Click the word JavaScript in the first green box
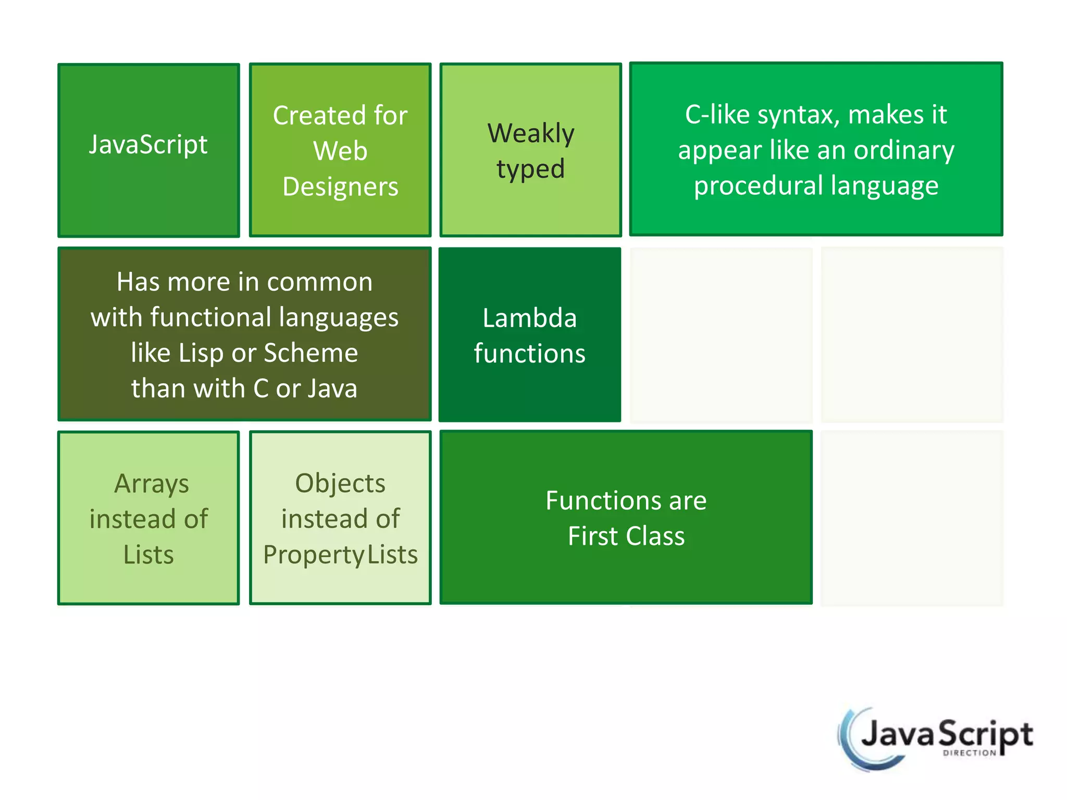tap(148, 144)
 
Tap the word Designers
tap(340, 186)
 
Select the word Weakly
tap(531, 133)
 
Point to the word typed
tap(530, 169)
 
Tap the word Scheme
tap(311, 353)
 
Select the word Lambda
tap(529, 318)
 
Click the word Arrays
tap(151, 484)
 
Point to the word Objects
tap(340, 483)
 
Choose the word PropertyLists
tap(340, 555)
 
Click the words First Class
tap(626, 536)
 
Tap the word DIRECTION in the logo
tap(969, 753)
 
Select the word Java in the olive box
tap(333, 389)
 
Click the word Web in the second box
tap(340, 151)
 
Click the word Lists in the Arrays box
tap(148, 555)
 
